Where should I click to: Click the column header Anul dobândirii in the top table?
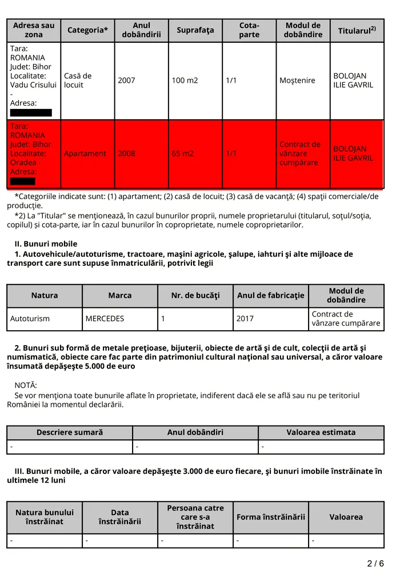141,30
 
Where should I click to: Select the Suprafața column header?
195,30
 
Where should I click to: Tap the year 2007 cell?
126,80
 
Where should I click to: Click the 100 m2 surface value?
185,80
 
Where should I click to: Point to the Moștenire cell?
297,80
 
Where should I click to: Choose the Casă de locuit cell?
78,80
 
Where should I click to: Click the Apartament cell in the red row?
85,153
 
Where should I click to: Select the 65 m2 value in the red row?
182,153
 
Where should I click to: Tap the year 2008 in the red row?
126,153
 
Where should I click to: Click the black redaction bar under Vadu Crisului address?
31,112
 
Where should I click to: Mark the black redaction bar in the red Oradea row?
23,181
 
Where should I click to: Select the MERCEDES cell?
105,319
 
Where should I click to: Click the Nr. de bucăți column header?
195,295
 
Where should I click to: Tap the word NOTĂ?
26,385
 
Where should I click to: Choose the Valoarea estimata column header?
321,432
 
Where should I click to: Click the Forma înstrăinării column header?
271,517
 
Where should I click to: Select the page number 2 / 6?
375,564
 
